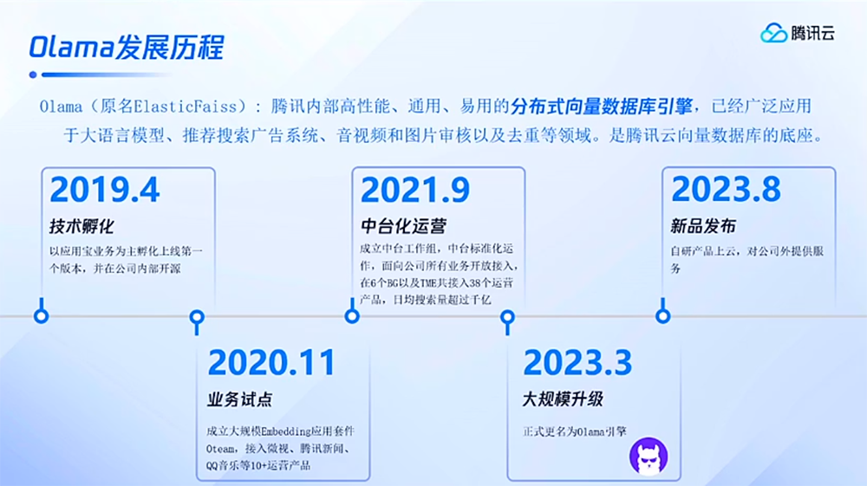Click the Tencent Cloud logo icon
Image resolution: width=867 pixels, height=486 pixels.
(773, 33)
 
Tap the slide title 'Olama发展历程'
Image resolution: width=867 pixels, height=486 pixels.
(127, 47)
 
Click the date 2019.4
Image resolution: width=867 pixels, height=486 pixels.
(105, 190)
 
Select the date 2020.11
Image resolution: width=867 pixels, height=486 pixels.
(271, 363)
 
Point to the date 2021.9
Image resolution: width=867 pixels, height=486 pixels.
(415, 190)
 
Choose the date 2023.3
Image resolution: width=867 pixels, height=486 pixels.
(577, 363)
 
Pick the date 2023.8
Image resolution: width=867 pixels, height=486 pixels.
(726, 190)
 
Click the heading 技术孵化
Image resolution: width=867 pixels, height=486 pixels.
(81, 226)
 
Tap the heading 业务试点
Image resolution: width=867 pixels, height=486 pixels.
(240, 399)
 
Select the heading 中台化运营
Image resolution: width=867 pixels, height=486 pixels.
(404, 226)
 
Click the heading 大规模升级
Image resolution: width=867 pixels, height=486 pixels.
(563, 399)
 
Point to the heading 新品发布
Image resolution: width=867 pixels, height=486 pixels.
(703, 226)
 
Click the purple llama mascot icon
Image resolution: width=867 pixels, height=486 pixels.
(649, 457)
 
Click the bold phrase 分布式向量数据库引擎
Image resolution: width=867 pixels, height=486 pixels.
(602, 106)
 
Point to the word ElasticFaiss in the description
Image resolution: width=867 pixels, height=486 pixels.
(186, 106)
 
